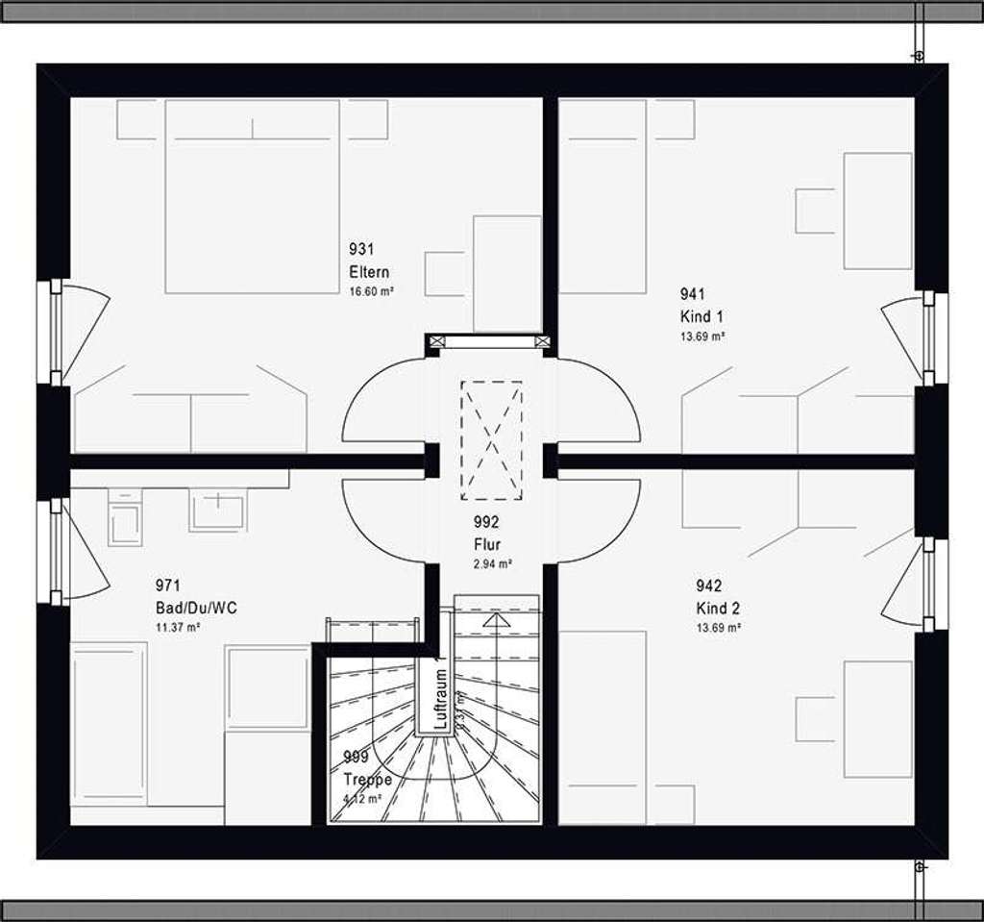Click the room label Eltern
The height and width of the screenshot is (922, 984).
tap(369, 272)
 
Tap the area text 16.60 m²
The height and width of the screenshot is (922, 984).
tap(373, 290)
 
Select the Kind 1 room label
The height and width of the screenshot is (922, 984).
tap(701, 316)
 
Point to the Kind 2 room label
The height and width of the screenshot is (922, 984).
tap(718, 609)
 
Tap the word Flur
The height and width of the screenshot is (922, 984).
tap(486, 545)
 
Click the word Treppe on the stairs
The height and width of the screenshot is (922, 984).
tap(367, 780)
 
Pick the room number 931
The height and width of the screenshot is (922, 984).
tap(361, 249)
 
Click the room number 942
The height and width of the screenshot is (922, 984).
tap(708, 586)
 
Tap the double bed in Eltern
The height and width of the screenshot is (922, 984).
tap(252, 197)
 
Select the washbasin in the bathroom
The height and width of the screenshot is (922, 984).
tap(218, 509)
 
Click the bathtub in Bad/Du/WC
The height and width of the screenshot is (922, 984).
tap(109, 723)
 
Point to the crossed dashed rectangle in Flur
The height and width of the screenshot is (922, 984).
tap(491, 440)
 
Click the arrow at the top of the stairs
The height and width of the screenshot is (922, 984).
tap(496, 621)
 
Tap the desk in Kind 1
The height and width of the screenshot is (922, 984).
tap(876, 211)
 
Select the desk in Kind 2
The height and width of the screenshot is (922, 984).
tap(876, 718)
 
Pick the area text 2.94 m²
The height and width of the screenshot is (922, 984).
tap(492, 564)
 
